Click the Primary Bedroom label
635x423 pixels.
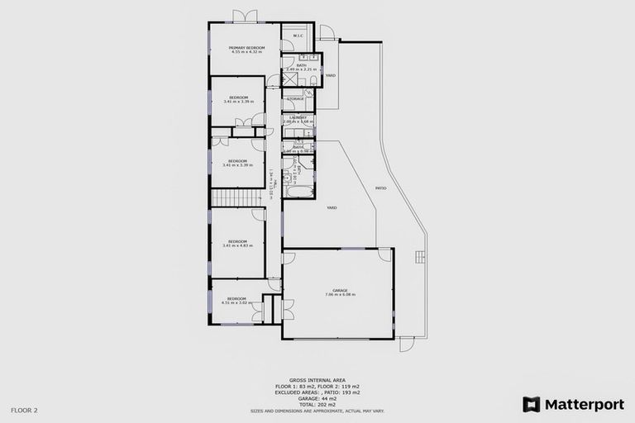[x=247, y=48]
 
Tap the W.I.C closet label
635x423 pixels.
[x=298, y=36]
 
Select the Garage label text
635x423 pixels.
[x=339, y=290]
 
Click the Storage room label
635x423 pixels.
[x=296, y=99]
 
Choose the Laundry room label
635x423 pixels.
[x=298, y=117]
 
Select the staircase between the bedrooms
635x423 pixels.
[x=237, y=197]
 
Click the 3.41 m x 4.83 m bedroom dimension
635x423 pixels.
[x=237, y=245]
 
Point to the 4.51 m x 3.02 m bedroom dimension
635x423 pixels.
[x=237, y=302]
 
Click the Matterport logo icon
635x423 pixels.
[x=532, y=404]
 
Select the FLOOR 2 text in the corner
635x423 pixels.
[x=24, y=410]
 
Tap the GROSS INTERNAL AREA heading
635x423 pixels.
[x=317, y=381]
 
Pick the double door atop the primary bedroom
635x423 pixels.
[x=245, y=16]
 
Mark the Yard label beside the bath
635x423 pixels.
[x=330, y=75]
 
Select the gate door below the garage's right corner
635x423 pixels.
[x=406, y=344]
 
